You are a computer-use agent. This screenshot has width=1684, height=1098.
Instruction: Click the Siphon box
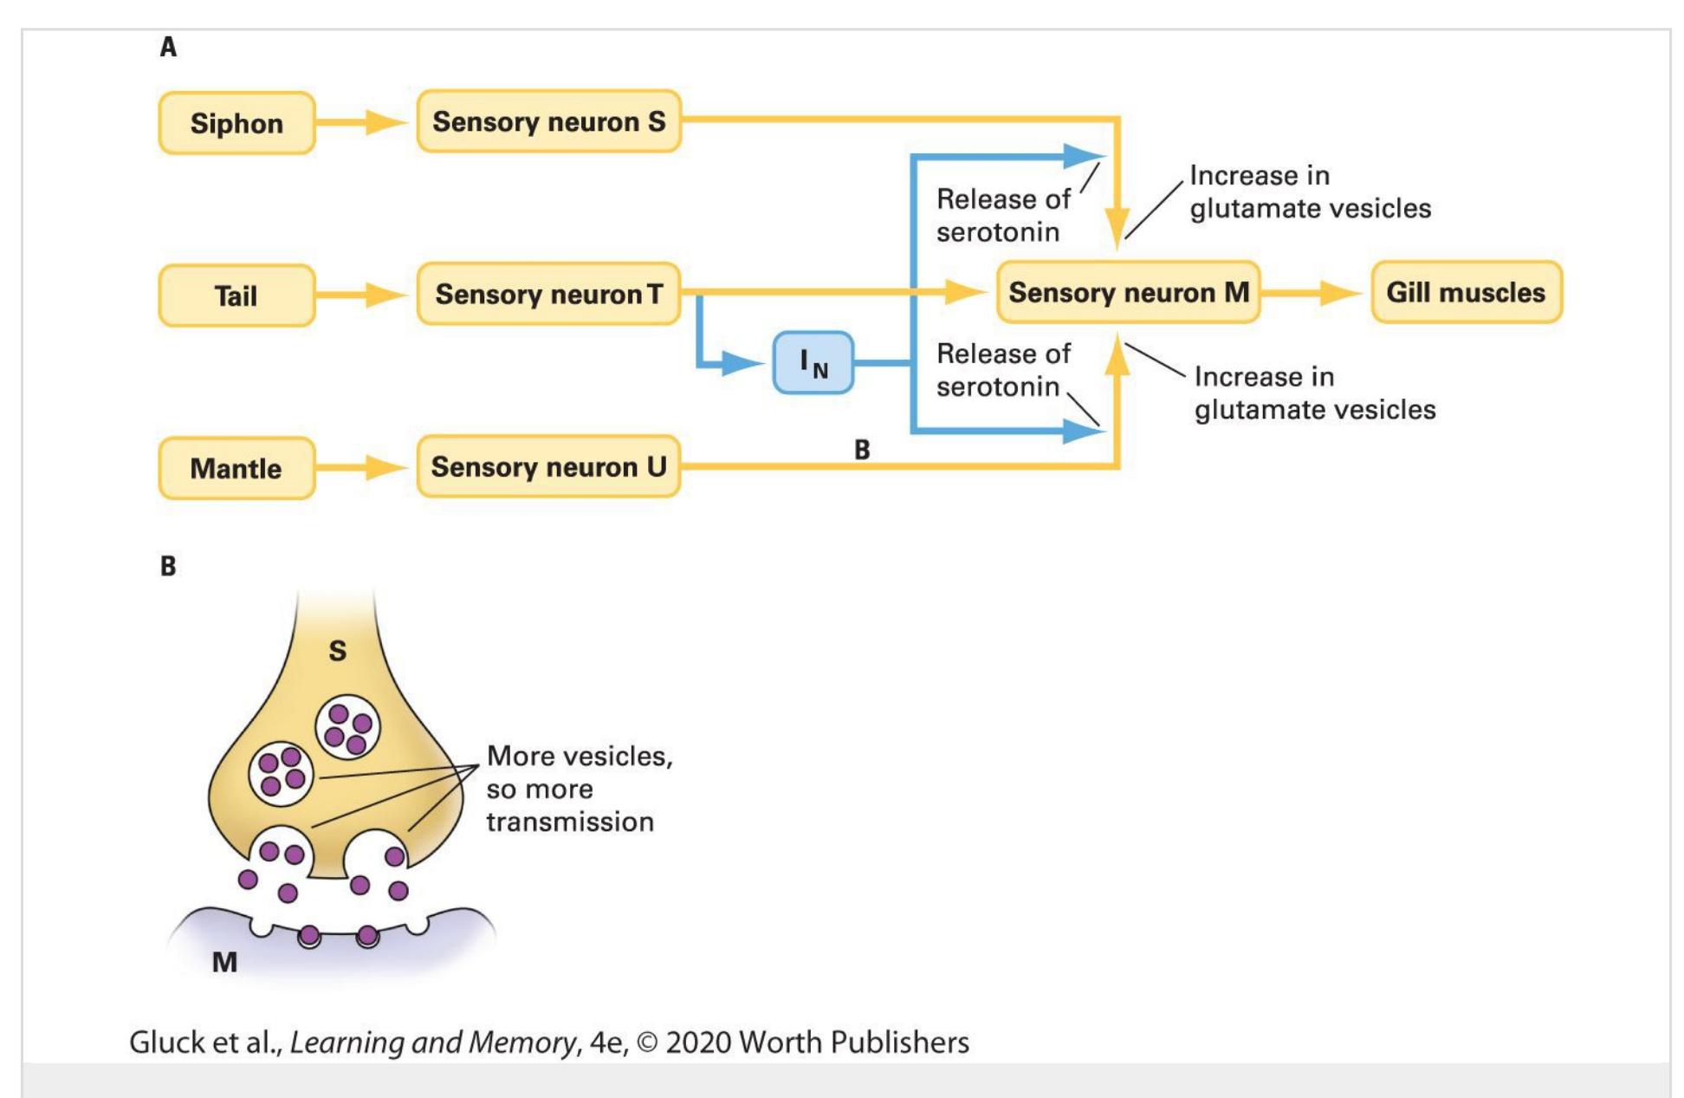236,123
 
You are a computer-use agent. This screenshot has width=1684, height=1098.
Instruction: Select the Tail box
236,296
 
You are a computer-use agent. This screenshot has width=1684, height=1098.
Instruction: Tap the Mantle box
236,468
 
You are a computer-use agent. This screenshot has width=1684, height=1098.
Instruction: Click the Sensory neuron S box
549,121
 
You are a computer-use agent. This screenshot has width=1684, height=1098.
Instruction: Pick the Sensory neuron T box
549,294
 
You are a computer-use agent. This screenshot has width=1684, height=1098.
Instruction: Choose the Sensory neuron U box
549,466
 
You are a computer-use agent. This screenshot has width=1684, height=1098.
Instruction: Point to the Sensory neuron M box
1129,292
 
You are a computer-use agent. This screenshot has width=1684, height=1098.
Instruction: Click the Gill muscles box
1467,292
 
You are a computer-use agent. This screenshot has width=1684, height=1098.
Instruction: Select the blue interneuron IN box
813,362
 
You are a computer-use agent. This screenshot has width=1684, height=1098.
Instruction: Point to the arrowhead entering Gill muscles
1340,293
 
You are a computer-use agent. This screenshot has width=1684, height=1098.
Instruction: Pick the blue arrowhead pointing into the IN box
744,362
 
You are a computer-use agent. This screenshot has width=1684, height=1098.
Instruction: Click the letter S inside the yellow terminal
338,651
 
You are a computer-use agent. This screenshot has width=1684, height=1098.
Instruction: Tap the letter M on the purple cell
225,962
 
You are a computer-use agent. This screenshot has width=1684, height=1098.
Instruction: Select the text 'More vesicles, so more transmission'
579,789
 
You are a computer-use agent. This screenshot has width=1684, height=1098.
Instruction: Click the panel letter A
168,47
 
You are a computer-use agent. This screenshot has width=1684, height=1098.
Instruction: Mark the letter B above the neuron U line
862,450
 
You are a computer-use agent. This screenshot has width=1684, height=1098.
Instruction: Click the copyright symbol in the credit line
647,1043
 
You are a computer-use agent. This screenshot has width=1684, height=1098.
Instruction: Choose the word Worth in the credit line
777,1042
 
